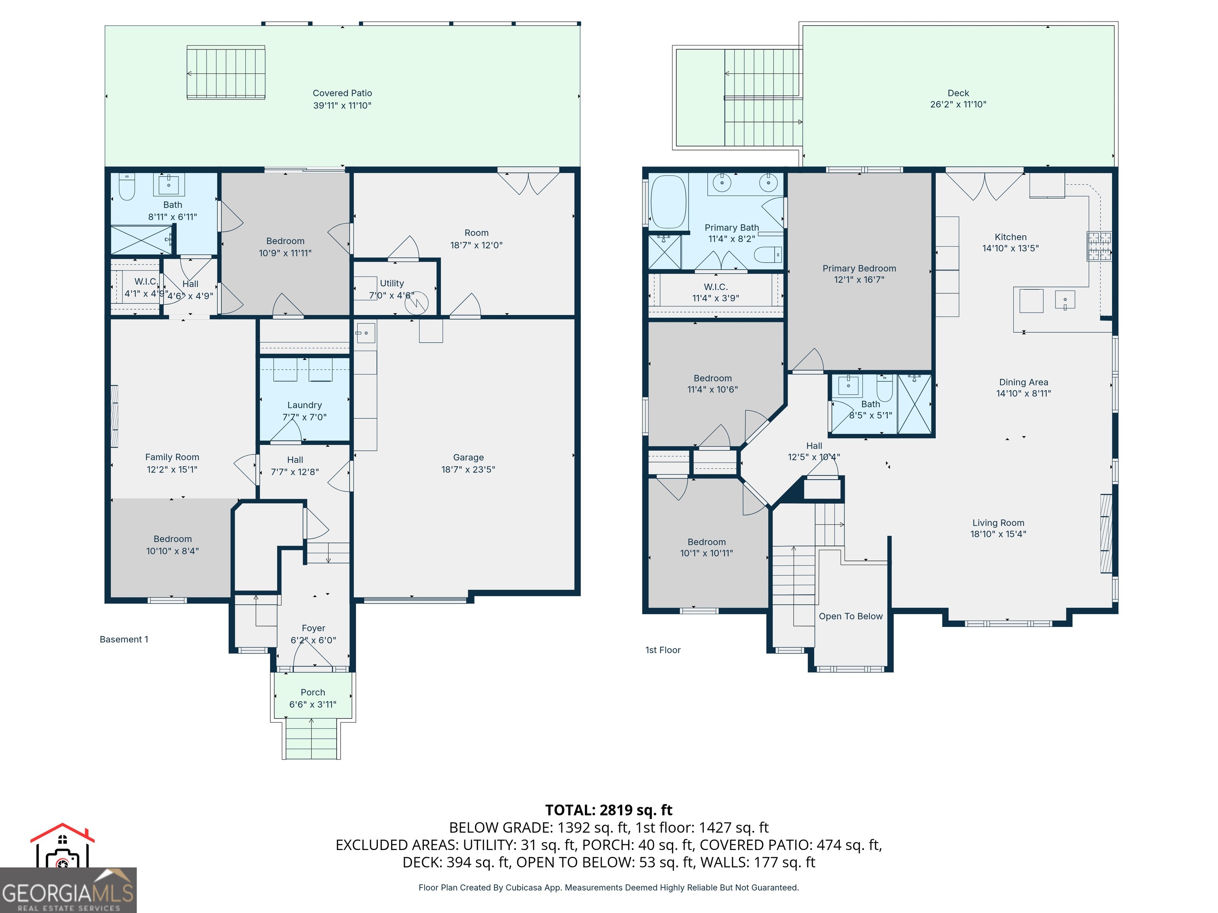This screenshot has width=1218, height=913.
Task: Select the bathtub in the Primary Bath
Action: pos(668,202)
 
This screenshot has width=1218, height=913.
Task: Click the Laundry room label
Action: pos(304,405)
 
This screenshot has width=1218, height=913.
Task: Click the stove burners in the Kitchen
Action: pos(1099,246)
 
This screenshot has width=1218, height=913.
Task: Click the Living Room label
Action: pos(998,523)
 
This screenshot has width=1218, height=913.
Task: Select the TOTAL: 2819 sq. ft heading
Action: pos(609,810)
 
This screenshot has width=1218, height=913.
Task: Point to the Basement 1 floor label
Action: pos(124,640)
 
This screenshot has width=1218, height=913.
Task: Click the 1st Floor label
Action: pos(663,650)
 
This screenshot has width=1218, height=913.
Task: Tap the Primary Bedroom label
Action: pos(859,269)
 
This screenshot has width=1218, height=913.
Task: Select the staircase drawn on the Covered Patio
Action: pos(226,73)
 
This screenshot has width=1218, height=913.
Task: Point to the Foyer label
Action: pos(313,628)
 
